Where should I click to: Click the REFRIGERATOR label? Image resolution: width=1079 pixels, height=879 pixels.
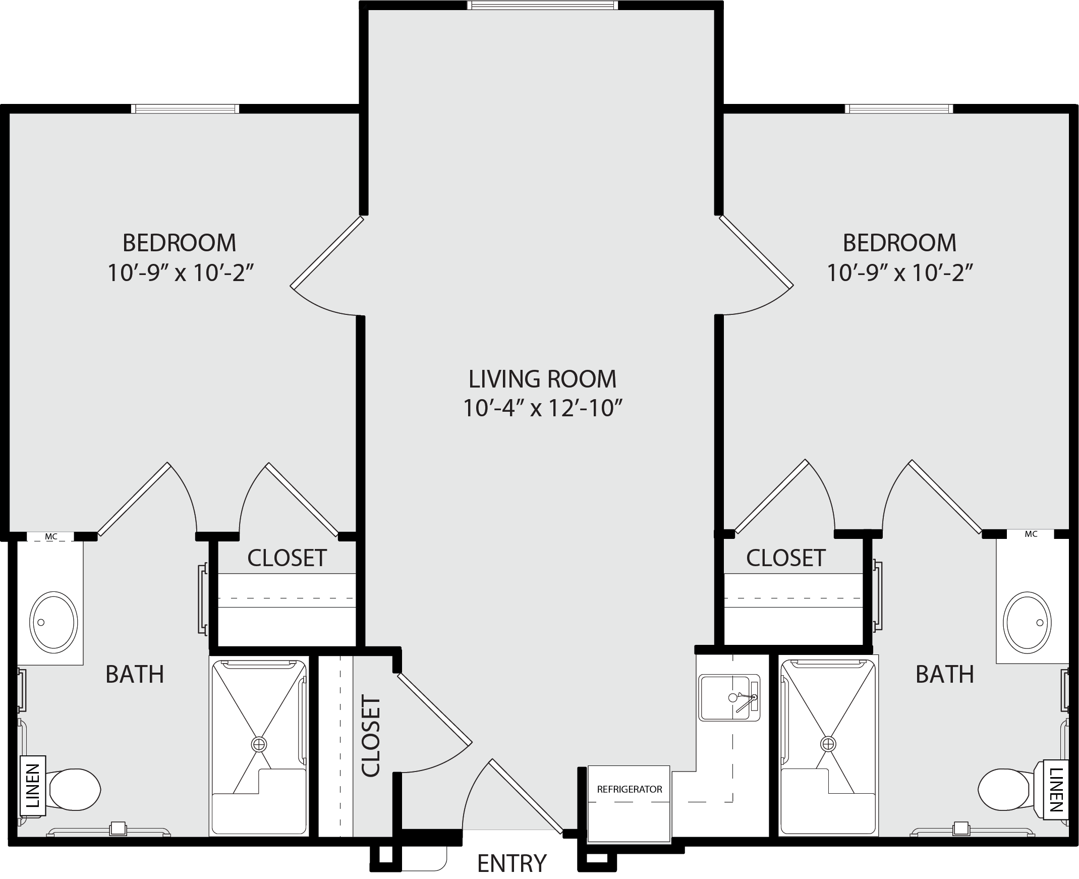[x=629, y=789]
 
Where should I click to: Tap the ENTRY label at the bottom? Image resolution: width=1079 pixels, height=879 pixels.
[x=512, y=863]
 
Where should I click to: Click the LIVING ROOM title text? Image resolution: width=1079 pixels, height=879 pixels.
[x=542, y=379]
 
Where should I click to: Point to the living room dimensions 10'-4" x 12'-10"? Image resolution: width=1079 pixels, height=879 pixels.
[x=542, y=408]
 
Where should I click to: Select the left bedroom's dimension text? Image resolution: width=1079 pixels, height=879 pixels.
[x=180, y=273]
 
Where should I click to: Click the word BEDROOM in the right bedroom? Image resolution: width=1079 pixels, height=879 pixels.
[x=899, y=243]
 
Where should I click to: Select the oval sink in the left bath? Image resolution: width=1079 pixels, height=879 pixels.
[x=53, y=622]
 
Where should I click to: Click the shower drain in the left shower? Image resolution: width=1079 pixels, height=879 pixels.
[x=259, y=744]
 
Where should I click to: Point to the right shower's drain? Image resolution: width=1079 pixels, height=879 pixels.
[x=828, y=744]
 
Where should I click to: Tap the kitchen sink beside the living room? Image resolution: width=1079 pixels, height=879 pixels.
[x=729, y=698]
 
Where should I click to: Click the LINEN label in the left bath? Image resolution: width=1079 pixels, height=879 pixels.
[x=32, y=786]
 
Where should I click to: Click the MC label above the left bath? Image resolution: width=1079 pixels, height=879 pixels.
[x=51, y=537]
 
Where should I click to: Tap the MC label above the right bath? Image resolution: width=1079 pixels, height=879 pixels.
[x=1031, y=534]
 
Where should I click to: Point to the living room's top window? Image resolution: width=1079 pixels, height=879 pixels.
[x=543, y=6]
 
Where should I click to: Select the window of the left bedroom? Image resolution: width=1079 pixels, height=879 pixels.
[x=185, y=109]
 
